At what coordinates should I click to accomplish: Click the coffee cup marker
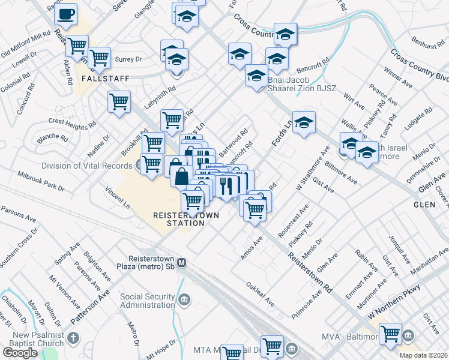pyautogui.click(x=67, y=13)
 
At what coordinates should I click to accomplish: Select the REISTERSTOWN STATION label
pyautogui.click(x=186, y=219)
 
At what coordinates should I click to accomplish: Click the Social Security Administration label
pyautogui.click(x=148, y=301)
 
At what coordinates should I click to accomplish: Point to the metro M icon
pyautogui.click(x=182, y=262)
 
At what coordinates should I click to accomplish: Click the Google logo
pyautogui.click(x=20, y=353)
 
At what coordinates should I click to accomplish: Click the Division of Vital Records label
pyautogui.click(x=86, y=166)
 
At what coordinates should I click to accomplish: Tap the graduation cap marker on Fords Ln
pyautogui.click(x=304, y=122)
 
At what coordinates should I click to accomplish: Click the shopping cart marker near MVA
pyautogui.click(x=391, y=333)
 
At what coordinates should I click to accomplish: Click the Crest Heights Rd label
pyautogui.click(x=73, y=125)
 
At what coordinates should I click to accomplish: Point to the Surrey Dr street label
pyautogui.click(x=128, y=59)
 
